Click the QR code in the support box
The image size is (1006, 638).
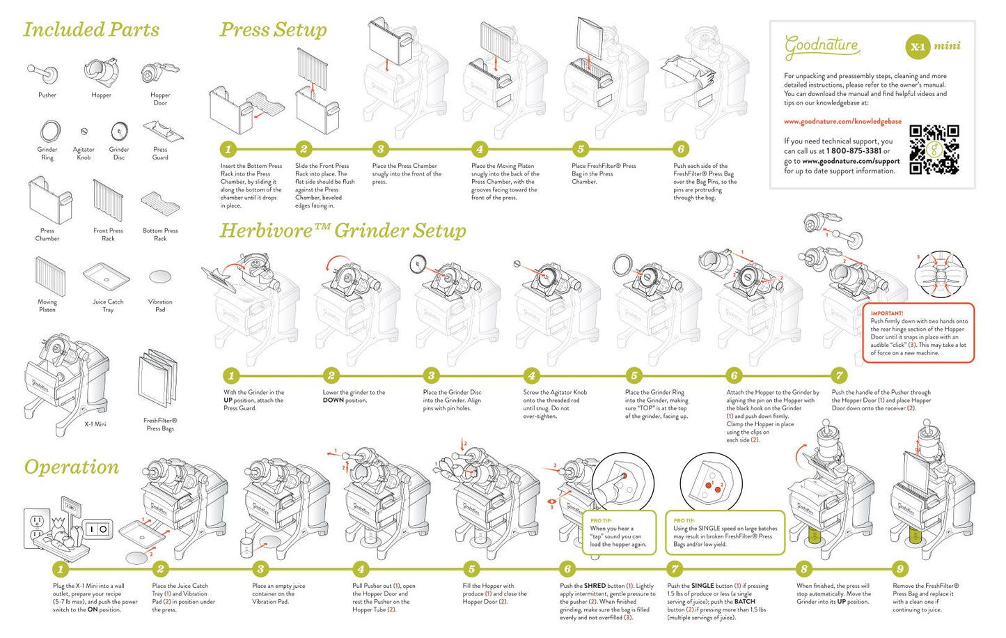(934, 150)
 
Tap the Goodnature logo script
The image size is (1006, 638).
(822, 46)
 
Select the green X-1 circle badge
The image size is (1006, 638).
(917, 47)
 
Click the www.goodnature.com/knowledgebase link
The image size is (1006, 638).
(842, 121)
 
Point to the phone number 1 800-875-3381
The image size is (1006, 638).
(854, 150)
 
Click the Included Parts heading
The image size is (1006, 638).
(91, 30)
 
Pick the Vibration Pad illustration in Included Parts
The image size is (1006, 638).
(160, 277)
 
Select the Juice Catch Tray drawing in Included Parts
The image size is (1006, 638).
(107, 276)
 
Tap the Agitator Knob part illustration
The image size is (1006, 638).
(84, 131)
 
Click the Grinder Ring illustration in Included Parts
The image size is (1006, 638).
(49, 130)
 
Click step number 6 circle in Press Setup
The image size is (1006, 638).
(681, 148)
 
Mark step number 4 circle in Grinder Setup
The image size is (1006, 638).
(532, 375)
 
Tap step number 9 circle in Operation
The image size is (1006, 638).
(900, 568)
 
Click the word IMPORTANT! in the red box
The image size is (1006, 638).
(886, 313)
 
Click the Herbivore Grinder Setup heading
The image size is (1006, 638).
(343, 231)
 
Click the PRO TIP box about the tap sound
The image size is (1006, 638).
(619, 533)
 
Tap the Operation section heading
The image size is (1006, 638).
(72, 467)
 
